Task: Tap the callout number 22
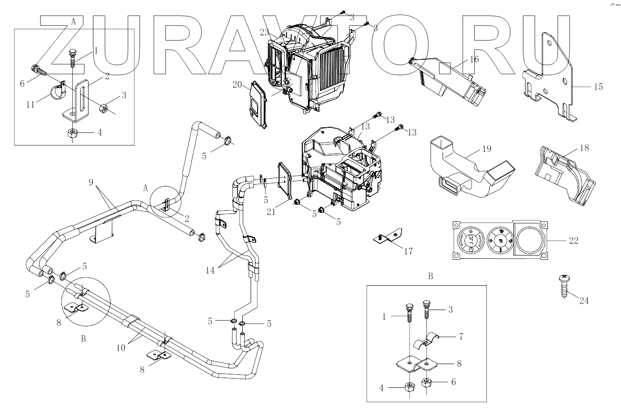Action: pos(574,241)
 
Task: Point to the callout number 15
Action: pos(598,87)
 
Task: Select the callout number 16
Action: pos(474,60)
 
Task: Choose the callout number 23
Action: pos(265,33)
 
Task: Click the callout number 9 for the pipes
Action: pos(91,182)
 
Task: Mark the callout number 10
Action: pos(121,347)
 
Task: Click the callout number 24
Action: pos(584,301)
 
